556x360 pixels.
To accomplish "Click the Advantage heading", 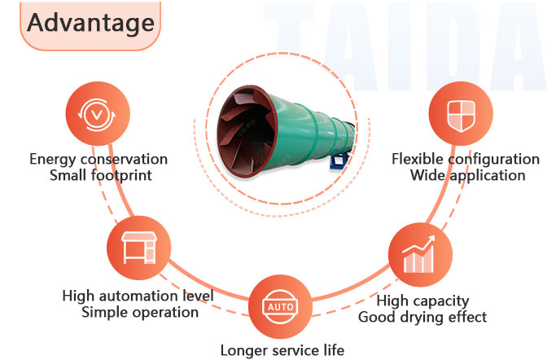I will tap(90, 22).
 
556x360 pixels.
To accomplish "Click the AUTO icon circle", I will tap(278, 306).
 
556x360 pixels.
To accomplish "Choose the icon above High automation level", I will tap(137, 248).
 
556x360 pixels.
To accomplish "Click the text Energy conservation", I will tap(99, 159).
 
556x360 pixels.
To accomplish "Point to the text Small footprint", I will tap(99, 175).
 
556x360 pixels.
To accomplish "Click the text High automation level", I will tap(138, 296).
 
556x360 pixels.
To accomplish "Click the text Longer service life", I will tap(282, 351).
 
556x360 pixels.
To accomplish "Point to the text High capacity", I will tap(422, 301).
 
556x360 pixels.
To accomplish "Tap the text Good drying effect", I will tap(422, 317).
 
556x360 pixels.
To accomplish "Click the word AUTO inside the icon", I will tap(278, 307).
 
